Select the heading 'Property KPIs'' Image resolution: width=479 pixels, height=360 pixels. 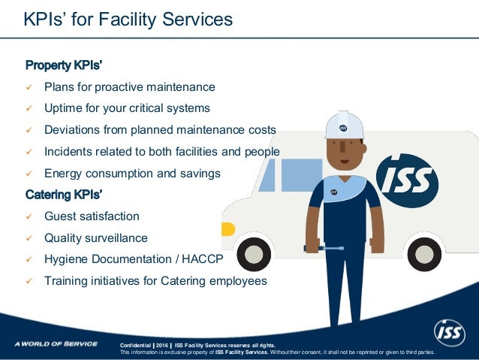click(59, 65)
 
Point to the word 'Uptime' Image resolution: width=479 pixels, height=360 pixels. click(63, 108)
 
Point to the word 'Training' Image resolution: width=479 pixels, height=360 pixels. click(66, 281)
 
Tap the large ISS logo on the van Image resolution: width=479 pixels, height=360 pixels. click(406, 180)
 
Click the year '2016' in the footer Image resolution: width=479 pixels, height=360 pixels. click(162, 345)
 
